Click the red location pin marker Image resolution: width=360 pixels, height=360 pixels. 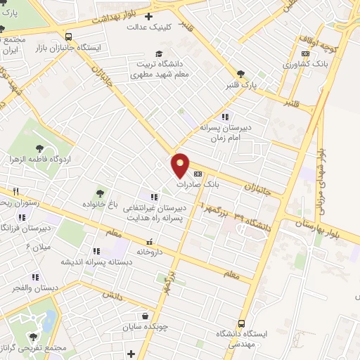pos(181,165)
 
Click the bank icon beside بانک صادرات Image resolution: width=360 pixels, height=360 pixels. pos(197,172)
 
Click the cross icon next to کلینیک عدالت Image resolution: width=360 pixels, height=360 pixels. pos(148,16)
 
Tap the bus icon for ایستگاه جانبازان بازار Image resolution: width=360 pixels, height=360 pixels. pos(68,37)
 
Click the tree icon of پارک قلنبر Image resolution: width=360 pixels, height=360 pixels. pos(241,73)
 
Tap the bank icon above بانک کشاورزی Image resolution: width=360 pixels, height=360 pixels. pos(304,53)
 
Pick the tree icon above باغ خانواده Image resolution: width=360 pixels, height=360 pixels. pos(101,193)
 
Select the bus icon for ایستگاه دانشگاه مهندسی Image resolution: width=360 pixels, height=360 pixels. pos(242,324)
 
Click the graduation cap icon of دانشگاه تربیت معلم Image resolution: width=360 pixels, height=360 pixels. pos(160,54)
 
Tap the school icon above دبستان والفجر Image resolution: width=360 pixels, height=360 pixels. pos(34,277)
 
